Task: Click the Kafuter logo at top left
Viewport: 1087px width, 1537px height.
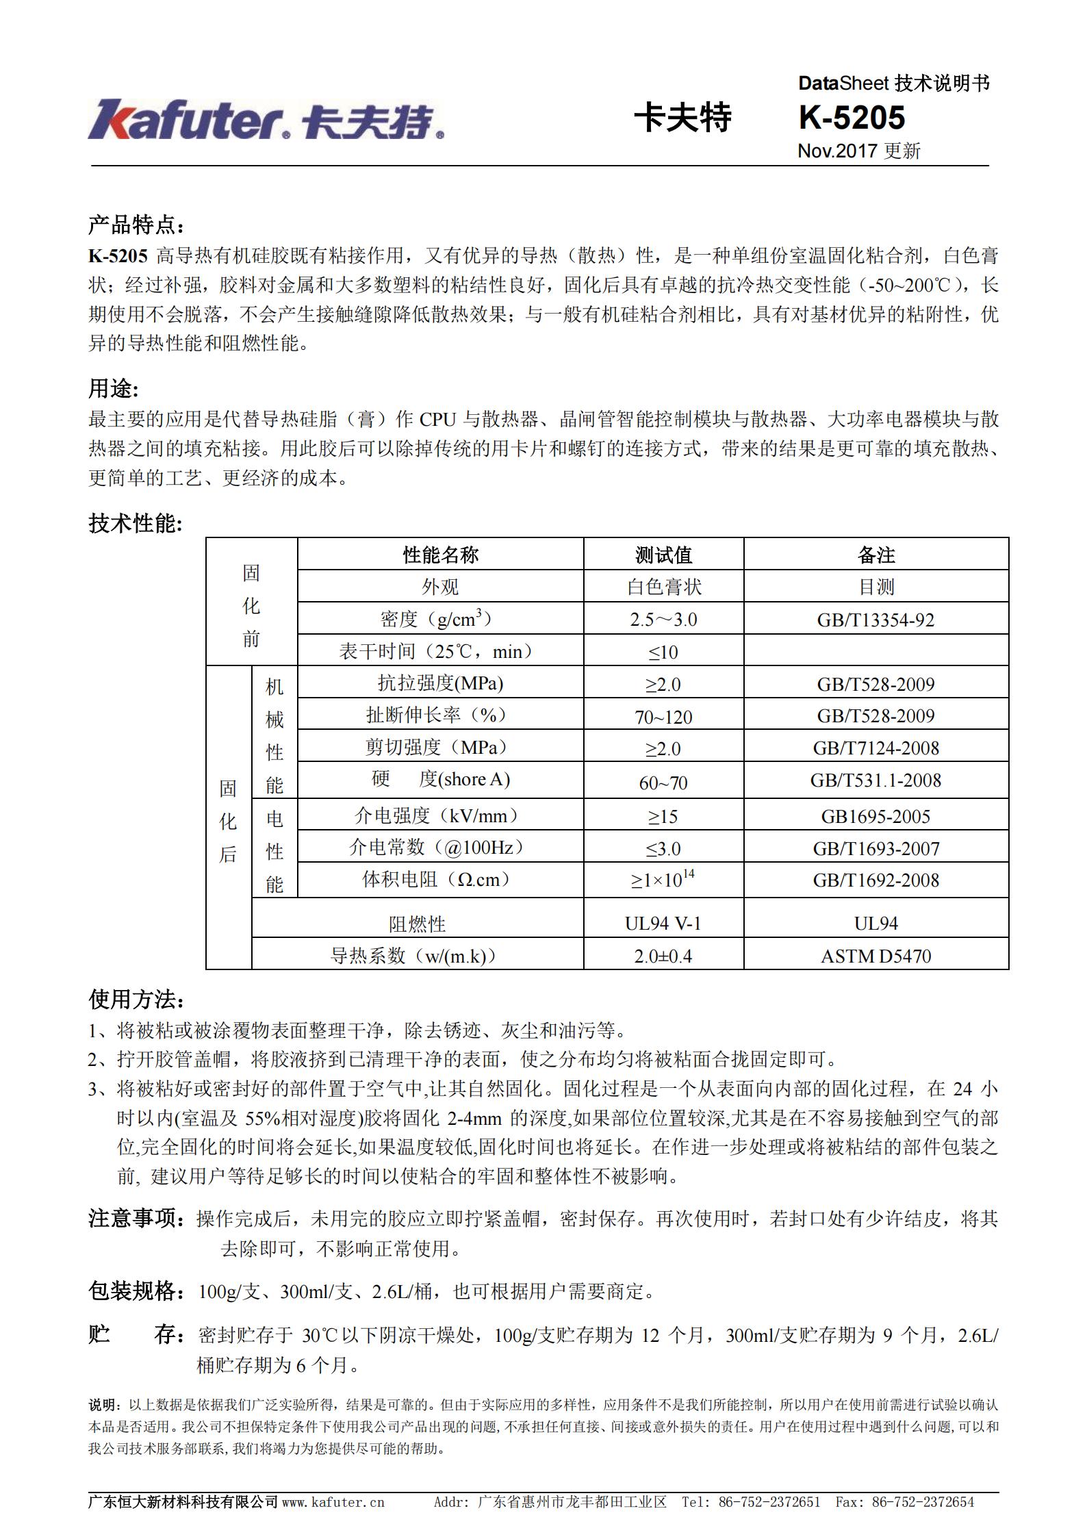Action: tap(266, 120)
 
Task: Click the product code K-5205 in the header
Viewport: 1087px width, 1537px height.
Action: tap(852, 118)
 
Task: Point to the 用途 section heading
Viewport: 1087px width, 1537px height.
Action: tap(114, 389)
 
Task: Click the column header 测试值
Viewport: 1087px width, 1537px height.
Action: tap(663, 555)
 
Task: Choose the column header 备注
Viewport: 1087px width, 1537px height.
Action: tap(875, 555)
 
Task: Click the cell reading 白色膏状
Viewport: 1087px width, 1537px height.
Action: tap(663, 587)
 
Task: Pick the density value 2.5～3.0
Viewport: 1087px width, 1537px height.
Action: tap(663, 620)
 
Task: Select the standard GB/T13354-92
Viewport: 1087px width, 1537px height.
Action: tap(875, 620)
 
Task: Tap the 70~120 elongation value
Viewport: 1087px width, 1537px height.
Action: tap(663, 717)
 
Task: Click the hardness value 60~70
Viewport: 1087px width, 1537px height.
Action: tap(663, 782)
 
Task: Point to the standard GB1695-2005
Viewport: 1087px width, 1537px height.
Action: tap(875, 816)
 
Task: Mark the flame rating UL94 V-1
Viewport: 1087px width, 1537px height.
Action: tap(663, 924)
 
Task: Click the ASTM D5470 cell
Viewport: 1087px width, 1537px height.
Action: tap(875, 956)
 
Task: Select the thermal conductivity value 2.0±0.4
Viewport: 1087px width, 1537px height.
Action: tap(663, 956)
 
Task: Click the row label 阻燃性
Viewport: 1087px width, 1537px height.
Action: tap(417, 924)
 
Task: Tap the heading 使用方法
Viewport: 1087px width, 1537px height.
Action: tap(136, 1000)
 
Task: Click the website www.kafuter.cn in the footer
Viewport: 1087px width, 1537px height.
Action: tap(333, 1502)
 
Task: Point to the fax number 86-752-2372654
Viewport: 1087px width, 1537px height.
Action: tap(923, 1502)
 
